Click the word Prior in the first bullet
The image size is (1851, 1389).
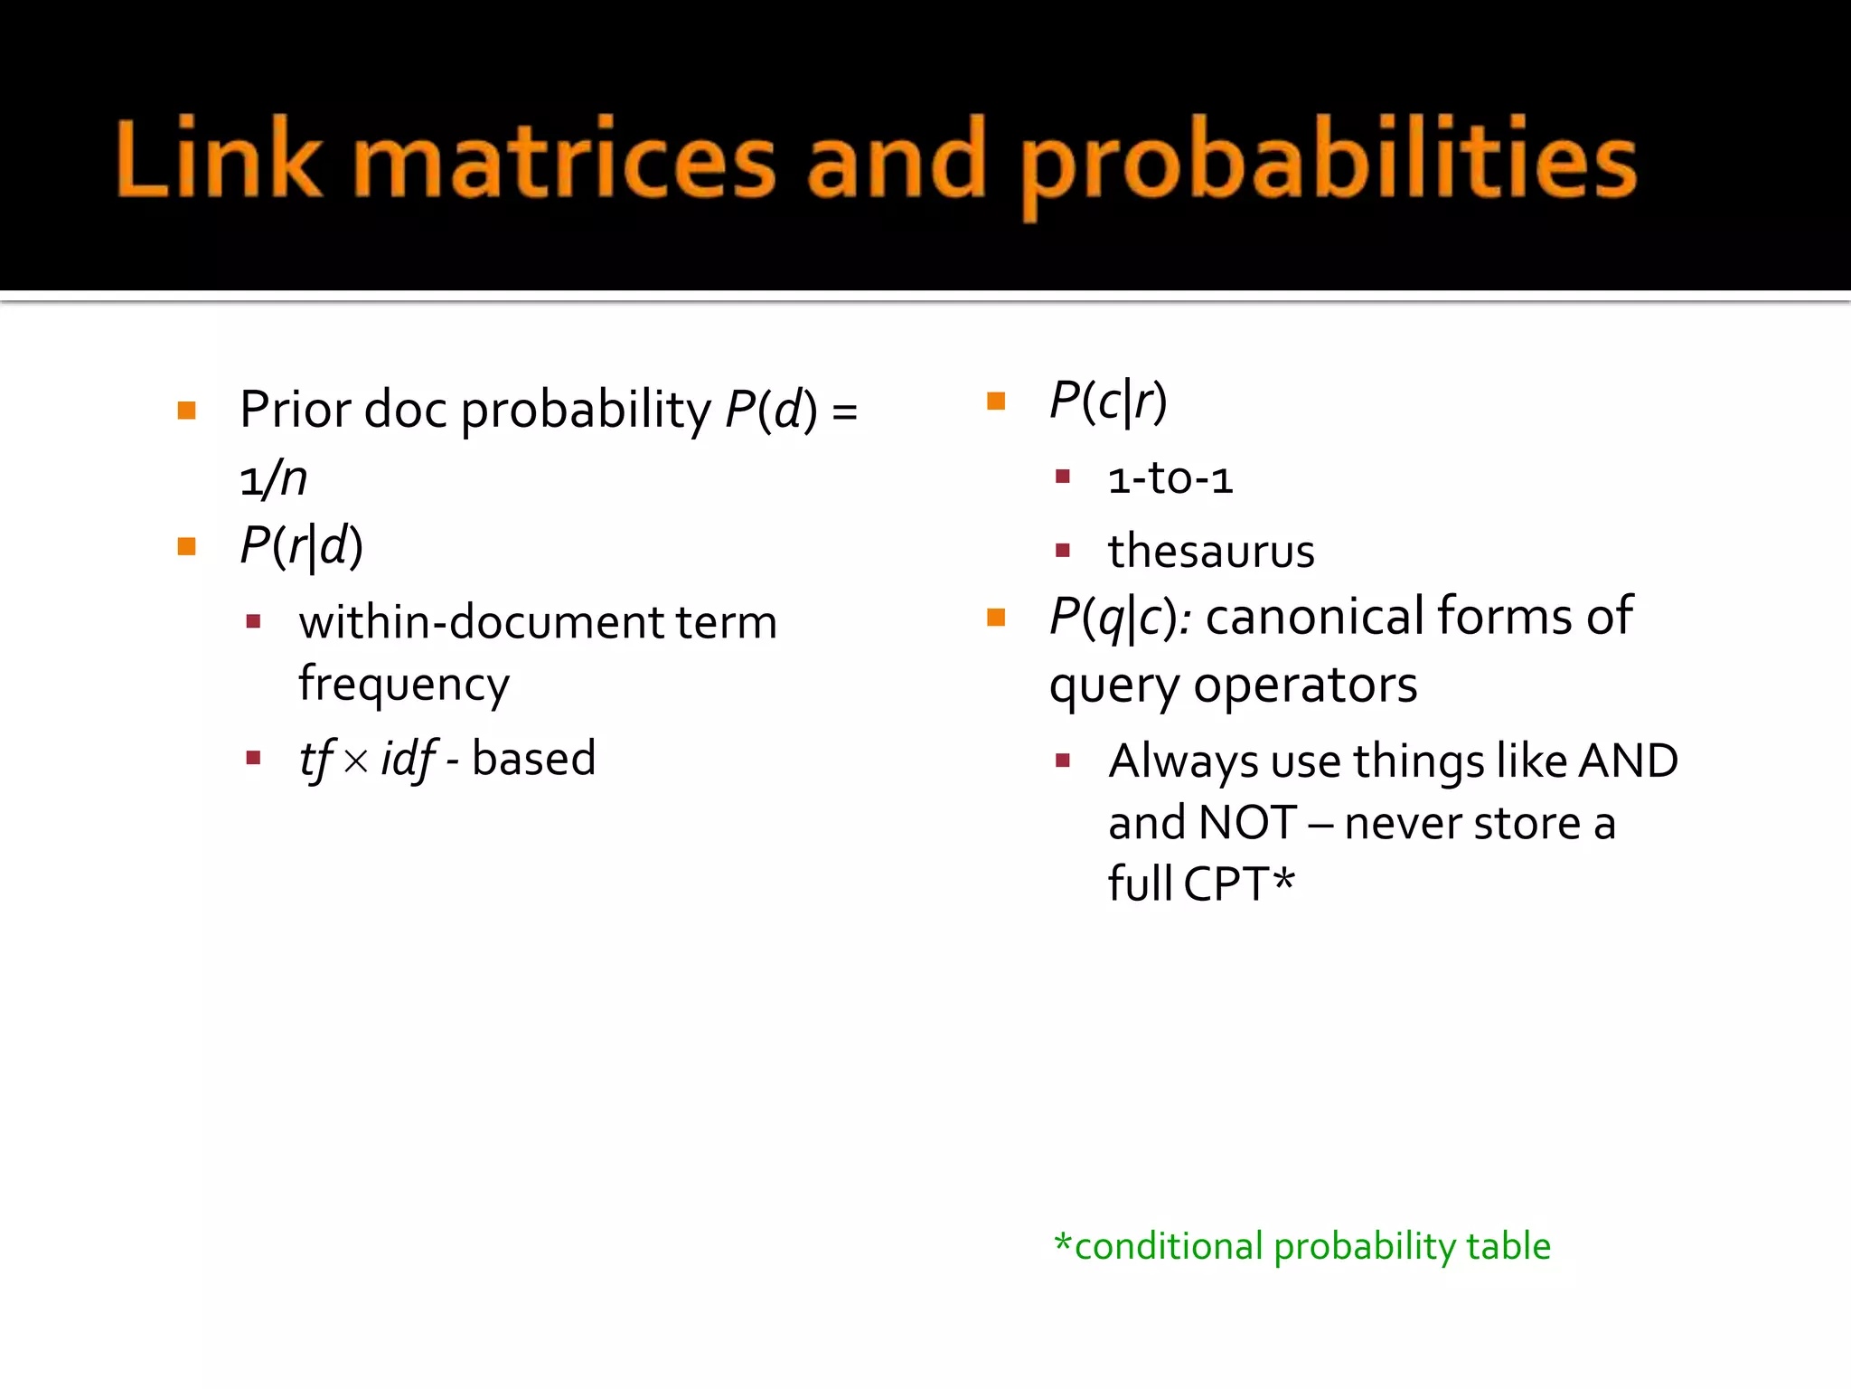[295, 410]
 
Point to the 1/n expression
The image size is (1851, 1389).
[273, 478]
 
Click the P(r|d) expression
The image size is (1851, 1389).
[301, 546]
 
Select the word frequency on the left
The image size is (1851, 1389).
[404, 685]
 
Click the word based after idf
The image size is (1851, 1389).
[533, 758]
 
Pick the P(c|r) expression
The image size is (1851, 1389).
[1108, 401]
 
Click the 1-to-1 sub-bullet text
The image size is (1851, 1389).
[1170, 478]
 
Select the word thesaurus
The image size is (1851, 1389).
[1211, 551]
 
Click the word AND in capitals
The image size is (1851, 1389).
[1628, 761]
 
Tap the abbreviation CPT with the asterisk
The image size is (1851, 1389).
[1238, 883]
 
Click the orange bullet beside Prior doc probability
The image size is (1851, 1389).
[187, 411]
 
